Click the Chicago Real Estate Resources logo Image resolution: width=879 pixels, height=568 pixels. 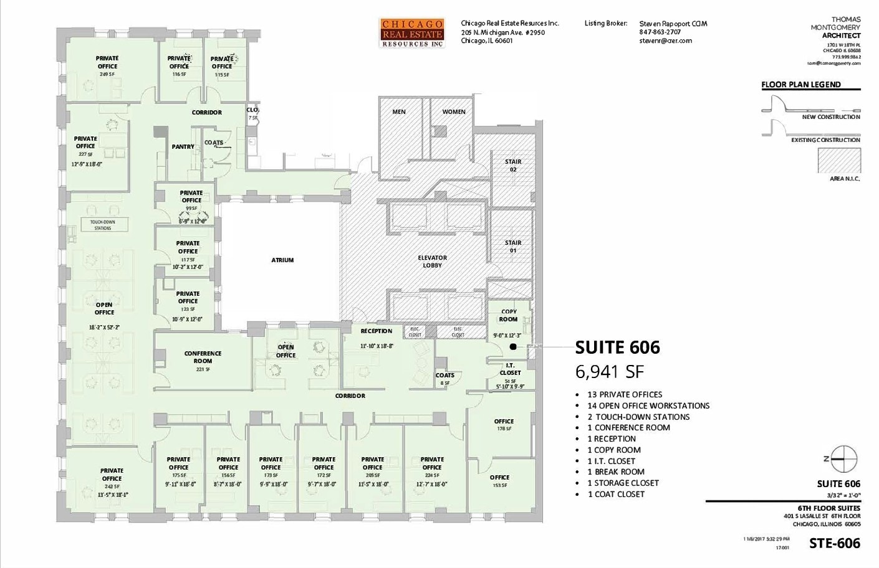pos(412,33)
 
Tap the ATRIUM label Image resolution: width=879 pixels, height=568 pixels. pos(282,260)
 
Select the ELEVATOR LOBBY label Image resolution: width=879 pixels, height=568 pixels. pos(432,262)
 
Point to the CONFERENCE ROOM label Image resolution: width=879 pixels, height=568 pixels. pos(203,357)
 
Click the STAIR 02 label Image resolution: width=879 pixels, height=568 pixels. pos(513,166)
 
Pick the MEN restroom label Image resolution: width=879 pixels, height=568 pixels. pos(399,112)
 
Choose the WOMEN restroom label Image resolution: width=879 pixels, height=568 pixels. pos(454,112)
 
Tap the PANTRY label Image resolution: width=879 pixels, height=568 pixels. pos(183,147)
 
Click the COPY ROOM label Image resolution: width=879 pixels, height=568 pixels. pos(509,315)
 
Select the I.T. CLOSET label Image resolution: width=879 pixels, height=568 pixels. pos(510,369)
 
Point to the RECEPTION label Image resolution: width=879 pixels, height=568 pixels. pos(377,331)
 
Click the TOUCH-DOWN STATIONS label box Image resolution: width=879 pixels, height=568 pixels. pos(103,225)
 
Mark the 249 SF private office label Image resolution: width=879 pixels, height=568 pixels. pos(107,65)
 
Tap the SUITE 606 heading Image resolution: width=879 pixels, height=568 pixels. pos(617,348)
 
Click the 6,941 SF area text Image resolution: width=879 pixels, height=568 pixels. pos(609,372)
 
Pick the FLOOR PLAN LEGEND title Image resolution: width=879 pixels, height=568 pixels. pos(801,85)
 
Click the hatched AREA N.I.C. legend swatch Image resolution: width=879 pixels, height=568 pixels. pos(839,160)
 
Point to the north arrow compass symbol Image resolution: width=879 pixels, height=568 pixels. pos(845,460)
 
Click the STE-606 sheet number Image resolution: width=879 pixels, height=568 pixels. pos(835,543)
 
